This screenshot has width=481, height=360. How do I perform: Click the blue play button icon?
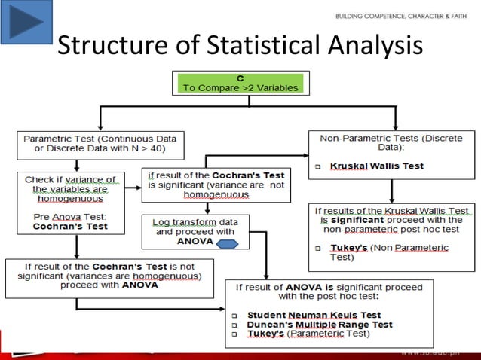pos(26,22)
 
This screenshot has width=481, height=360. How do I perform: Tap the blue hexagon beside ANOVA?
pos(227,243)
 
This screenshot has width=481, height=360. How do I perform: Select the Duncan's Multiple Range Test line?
pos(320,324)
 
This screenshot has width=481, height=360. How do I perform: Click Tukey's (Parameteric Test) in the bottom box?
pos(308,333)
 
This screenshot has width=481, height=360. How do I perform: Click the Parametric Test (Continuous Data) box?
pos(100,144)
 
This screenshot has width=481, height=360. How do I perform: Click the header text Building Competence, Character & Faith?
pos(402,16)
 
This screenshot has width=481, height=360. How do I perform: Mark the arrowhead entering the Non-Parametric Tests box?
pos(394,126)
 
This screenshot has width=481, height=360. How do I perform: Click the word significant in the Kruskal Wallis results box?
pos(360,220)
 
